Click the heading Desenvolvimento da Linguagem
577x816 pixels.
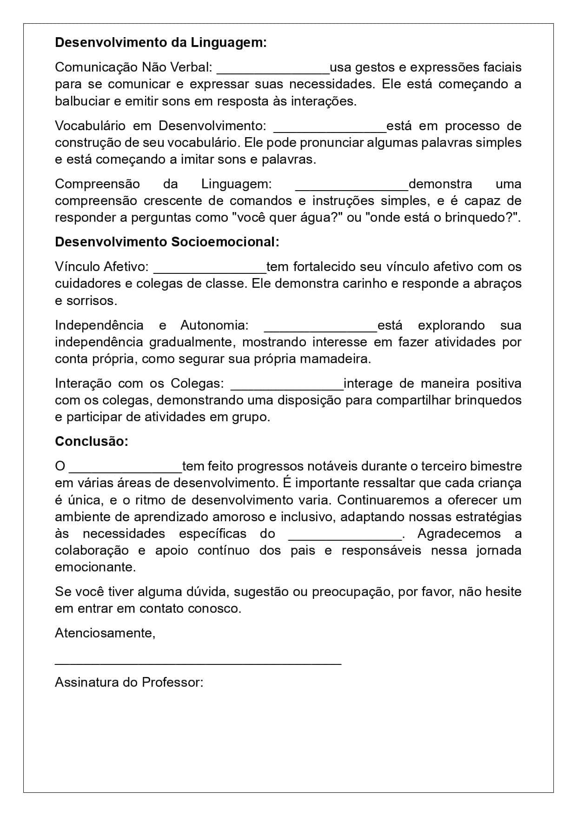pos(161,42)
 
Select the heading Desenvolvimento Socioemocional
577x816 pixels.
pos(167,242)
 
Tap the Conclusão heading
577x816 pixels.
pos(92,441)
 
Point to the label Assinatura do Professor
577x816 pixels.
pos(129,682)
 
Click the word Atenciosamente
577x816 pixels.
pos(105,633)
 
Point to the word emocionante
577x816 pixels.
pos(95,567)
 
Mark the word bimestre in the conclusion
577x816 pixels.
pos(496,466)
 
